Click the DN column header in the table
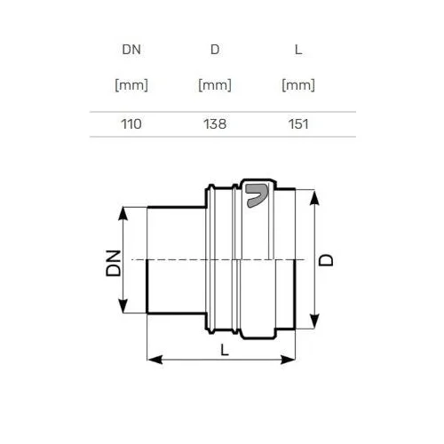(131, 50)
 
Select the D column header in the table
(215, 50)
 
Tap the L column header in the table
(298, 50)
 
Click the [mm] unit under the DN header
(131, 85)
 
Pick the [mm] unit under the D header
(215, 85)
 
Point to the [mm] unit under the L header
(298, 85)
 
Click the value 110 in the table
(131, 124)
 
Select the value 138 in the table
(215, 124)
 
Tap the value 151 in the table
(298, 124)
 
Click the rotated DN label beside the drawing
(114, 263)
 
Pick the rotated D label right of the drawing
(326, 260)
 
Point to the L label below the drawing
(225, 351)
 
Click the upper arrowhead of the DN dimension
(123, 213)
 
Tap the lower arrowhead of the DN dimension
(123, 306)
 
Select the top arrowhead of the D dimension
(314, 197)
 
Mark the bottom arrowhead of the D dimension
(314, 321)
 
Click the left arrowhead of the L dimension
(155, 360)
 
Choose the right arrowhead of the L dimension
(288, 360)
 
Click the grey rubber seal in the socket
(257, 195)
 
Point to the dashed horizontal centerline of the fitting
(218, 260)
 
